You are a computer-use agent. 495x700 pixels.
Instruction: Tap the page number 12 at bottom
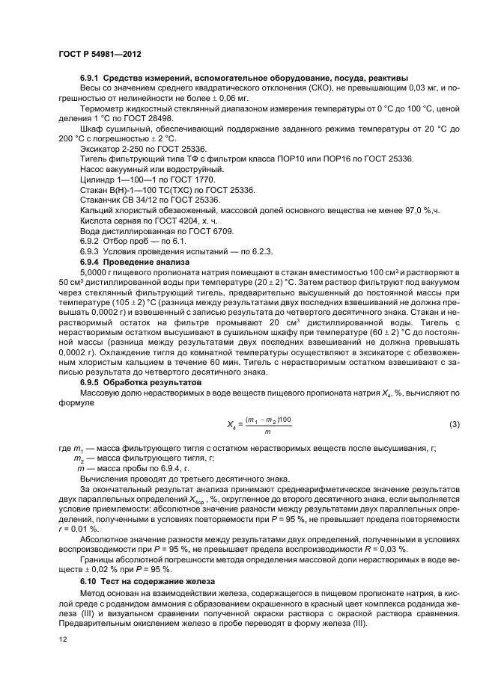coord(64,638)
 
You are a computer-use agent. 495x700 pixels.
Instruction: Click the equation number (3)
coord(454,425)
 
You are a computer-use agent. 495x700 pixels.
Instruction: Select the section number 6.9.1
coord(89,78)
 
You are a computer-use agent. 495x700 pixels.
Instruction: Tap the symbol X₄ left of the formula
coord(231,424)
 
